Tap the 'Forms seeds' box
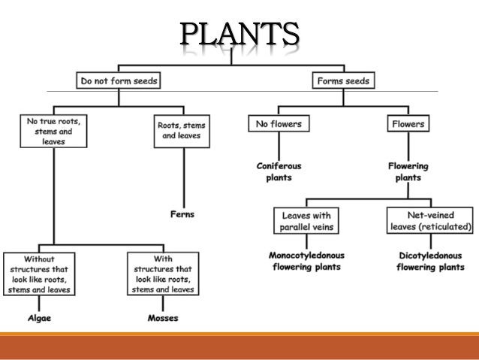(343, 79)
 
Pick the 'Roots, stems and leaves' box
(181, 130)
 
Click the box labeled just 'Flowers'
(408, 123)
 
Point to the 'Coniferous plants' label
(273, 171)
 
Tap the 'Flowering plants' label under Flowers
(408, 171)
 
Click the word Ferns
(182, 214)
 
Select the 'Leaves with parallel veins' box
(306, 221)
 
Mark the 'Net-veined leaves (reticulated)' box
(430, 221)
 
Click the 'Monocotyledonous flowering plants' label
(306, 261)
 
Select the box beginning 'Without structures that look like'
(38, 274)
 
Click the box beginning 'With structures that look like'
(163, 274)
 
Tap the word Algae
(38, 318)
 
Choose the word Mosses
(163, 318)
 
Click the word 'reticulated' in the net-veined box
(446, 227)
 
